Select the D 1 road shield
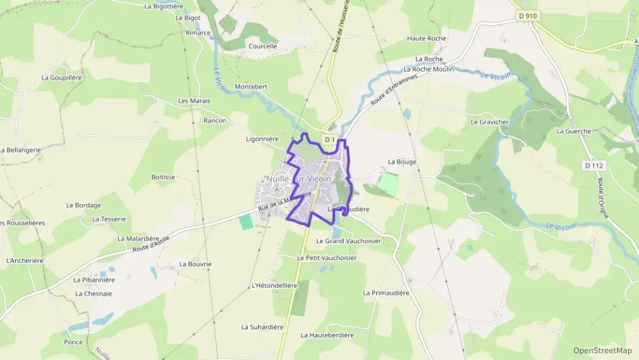click(329, 139)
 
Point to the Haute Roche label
click(427, 38)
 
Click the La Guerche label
click(573, 130)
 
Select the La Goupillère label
click(61, 77)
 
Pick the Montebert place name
click(251, 87)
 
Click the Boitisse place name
click(163, 176)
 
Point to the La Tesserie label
click(109, 219)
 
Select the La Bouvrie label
click(195, 263)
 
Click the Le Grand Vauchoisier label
click(348, 241)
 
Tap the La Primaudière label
click(386, 292)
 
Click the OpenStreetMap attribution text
click(603, 350)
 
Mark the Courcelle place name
click(263, 46)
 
